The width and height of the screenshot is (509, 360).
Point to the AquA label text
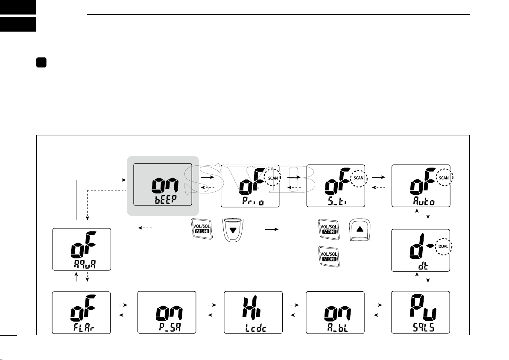(81, 265)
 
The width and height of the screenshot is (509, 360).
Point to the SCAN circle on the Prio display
(273, 177)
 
